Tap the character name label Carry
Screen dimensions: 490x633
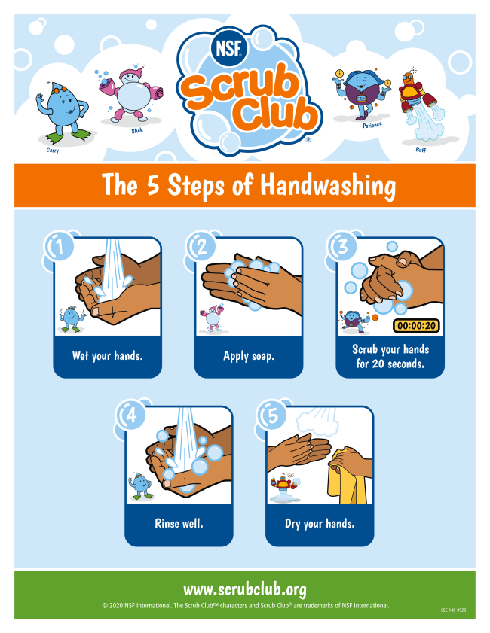coord(53,151)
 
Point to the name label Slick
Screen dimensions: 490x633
coord(137,131)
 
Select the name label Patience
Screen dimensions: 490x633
coord(372,125)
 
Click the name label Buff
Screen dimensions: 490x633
coord(421,149)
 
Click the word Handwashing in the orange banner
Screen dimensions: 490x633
coord(328,186)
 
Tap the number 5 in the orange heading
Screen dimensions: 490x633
coord(153,185)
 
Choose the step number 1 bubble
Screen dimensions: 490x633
coord(60,247)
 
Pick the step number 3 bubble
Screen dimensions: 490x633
coord(342,246)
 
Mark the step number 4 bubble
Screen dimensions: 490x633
coord(130,415)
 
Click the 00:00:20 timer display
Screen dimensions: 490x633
coord(416,325)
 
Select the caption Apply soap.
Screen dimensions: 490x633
coord(249,356)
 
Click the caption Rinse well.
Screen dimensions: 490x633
coord(179,524)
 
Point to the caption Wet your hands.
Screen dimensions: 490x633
coord(108,356)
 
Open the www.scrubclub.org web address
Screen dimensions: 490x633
coord(244,590)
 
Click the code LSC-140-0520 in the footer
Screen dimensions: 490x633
coord(453,610)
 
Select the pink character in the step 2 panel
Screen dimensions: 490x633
coord(212,318)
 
